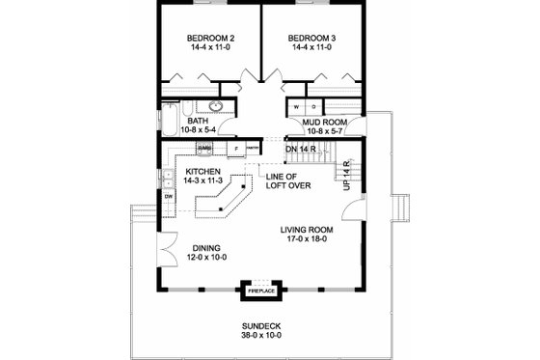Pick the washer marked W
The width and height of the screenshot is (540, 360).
[x=296, y=106]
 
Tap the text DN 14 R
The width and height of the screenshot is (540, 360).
[x=304, y=149]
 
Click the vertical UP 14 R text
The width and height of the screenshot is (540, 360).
[x=346, y=175]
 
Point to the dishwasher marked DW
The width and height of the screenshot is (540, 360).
[x=169, y=197]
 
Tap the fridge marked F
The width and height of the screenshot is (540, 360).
[x=235, y=148]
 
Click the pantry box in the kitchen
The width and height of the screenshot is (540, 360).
[x=252, y=148]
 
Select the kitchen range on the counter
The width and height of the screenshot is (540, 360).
[x=204, y=148]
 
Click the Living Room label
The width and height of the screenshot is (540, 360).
[x=307, y=230]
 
